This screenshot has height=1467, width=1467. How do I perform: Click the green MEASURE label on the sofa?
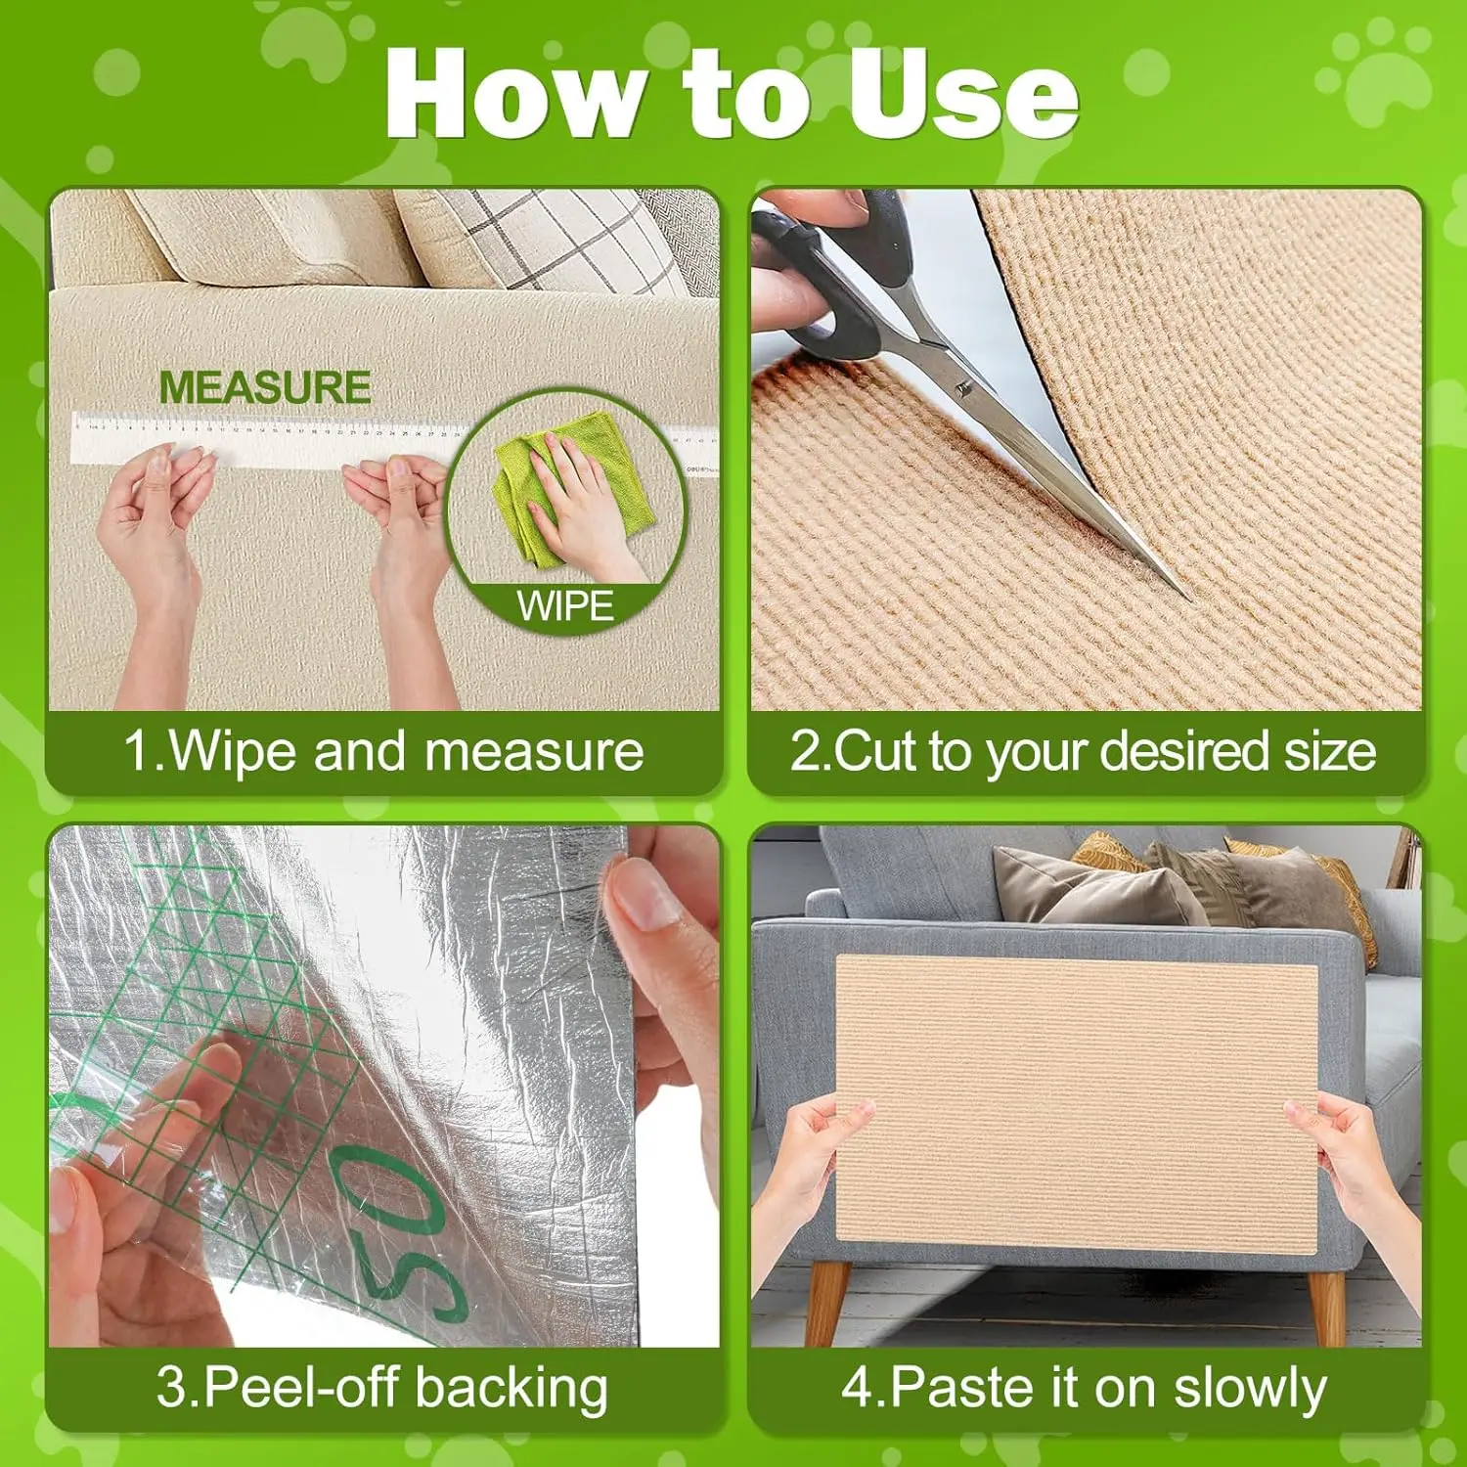[x=264, y=387]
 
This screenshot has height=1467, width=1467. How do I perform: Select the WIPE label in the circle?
[x=565, y=606]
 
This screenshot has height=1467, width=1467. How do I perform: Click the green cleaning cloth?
[x=567, y=489]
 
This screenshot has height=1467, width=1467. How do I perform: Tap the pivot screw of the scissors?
[x=963, y=388]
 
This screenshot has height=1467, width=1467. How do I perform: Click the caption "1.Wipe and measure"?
[x=383, y=751]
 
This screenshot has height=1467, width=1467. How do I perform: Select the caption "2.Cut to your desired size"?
[x=1084, y=751]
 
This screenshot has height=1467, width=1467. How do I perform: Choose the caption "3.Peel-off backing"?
[x=383, y=1387]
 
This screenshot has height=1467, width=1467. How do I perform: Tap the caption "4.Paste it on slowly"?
[x=1084, y=1387]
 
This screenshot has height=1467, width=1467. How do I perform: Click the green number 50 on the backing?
[x=411, y=1232]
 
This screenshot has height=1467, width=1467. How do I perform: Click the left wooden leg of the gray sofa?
[x=828, y=1301]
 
